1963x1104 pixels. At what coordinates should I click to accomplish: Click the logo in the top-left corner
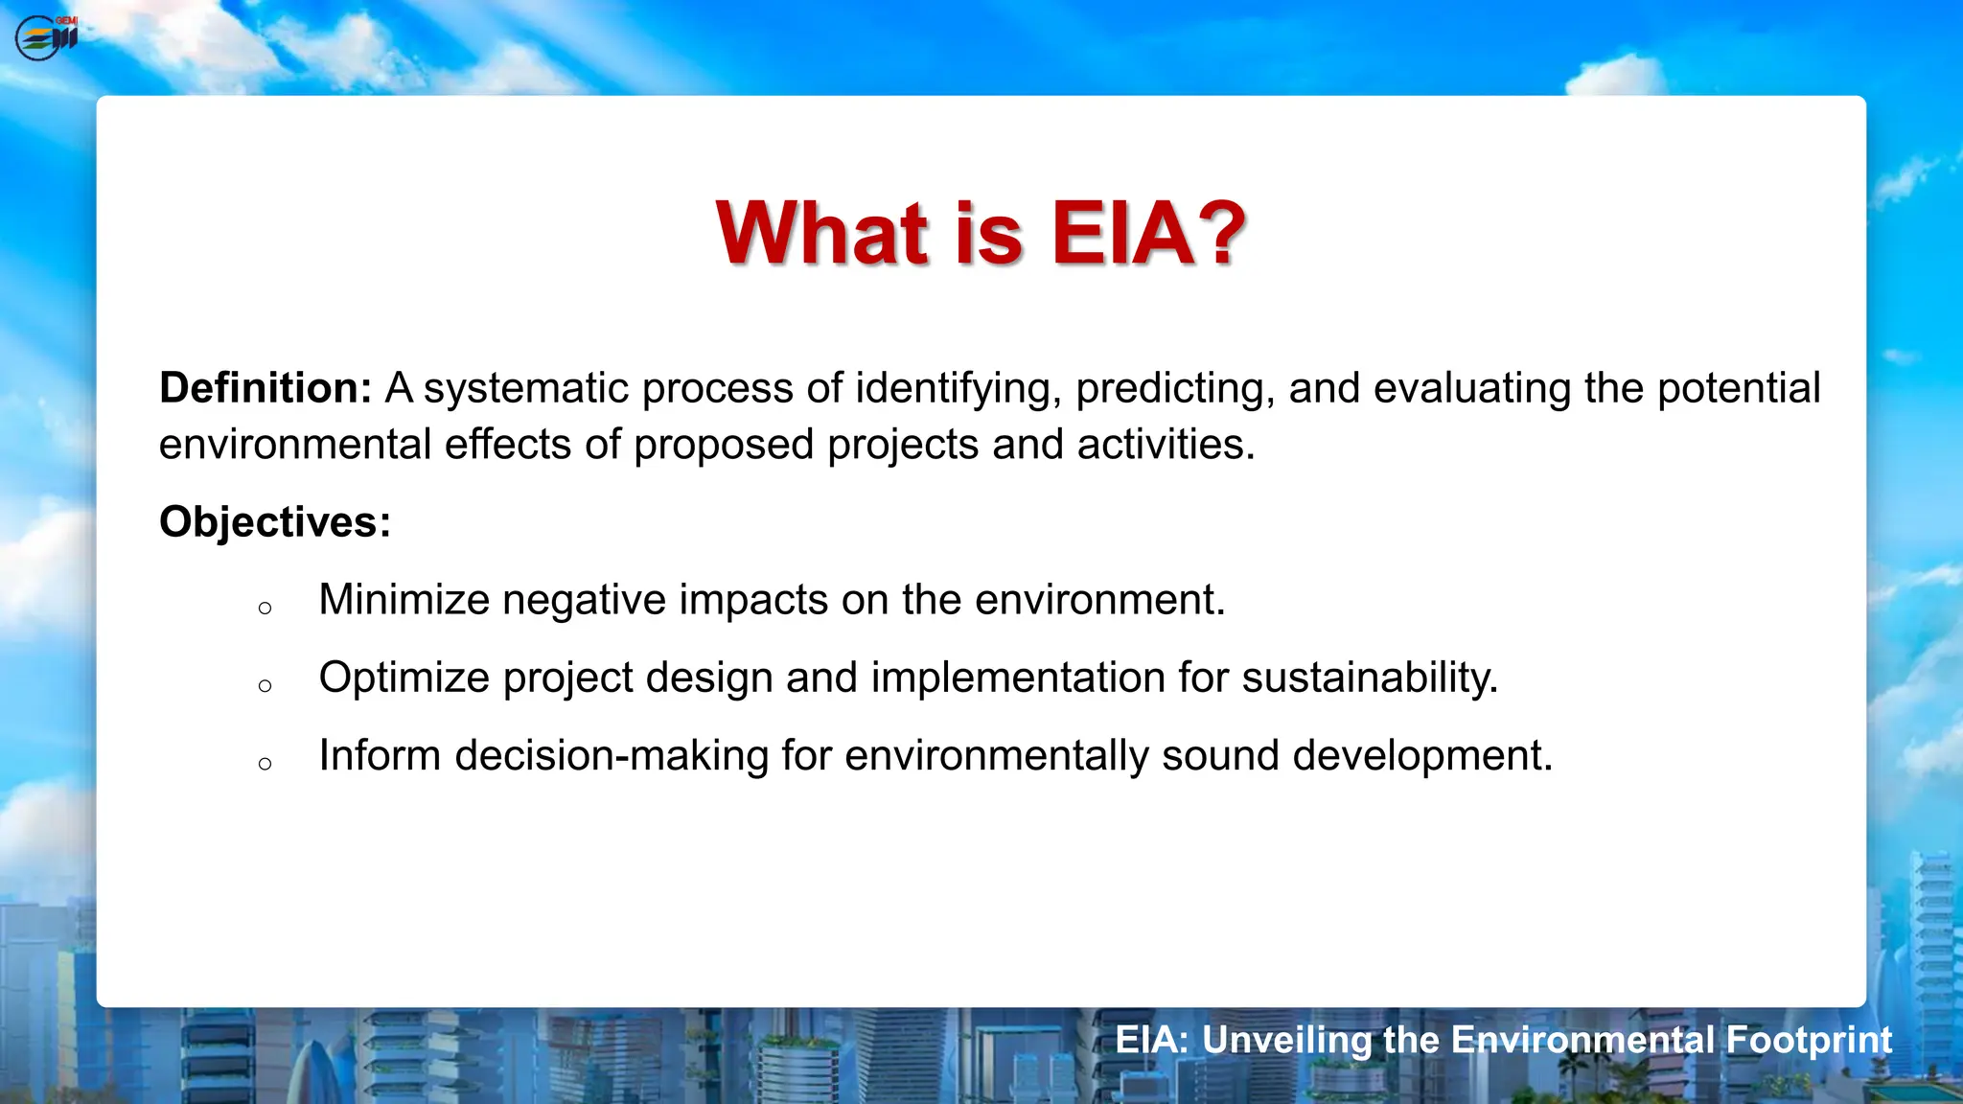[x=46, y=38]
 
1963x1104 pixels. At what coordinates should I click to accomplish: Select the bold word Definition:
[x=266, y=388]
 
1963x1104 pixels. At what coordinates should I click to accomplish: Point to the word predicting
[x=1175, y=388]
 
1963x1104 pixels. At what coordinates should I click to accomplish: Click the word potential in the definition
[x=1739, y=388]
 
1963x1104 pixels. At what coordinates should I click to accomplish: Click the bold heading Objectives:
[x=275, y=522]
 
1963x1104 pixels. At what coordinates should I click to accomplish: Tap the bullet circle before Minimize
[x=266, y=608]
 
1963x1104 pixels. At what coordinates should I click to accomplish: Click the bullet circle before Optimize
[x=266, y=685]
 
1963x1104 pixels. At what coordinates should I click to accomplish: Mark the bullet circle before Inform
[x=266, y=764]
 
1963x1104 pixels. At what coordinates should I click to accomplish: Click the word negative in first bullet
[x=584, y=600]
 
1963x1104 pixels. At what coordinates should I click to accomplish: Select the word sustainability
[x=1370, y=678]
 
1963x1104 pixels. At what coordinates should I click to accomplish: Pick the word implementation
[x=1018, y=678]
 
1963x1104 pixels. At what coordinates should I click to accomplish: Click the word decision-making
[x=612, y=755]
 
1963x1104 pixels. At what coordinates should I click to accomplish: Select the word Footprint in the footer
[x=1809, y=1040]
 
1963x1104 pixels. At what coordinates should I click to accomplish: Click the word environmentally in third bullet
[x=997, y=755]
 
